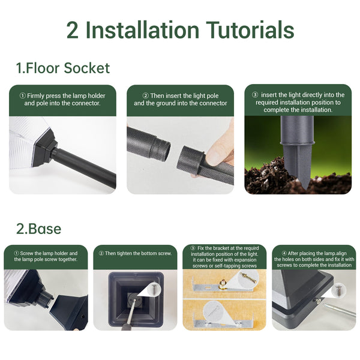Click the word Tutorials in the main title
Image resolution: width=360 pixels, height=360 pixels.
point(250,30)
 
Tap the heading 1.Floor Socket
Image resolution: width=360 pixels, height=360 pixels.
point(63,68)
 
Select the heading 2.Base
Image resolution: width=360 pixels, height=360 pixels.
point(39,229)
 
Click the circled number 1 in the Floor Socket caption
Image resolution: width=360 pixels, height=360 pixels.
point(23,95)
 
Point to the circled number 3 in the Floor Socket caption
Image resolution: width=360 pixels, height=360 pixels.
point(255,95)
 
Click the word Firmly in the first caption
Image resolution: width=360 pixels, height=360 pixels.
point(35,96)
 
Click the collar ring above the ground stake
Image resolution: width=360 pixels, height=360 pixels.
point(298,143)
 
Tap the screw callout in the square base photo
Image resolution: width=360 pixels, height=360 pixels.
point(154,289)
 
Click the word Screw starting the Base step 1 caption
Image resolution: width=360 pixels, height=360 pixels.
point(26,253)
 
